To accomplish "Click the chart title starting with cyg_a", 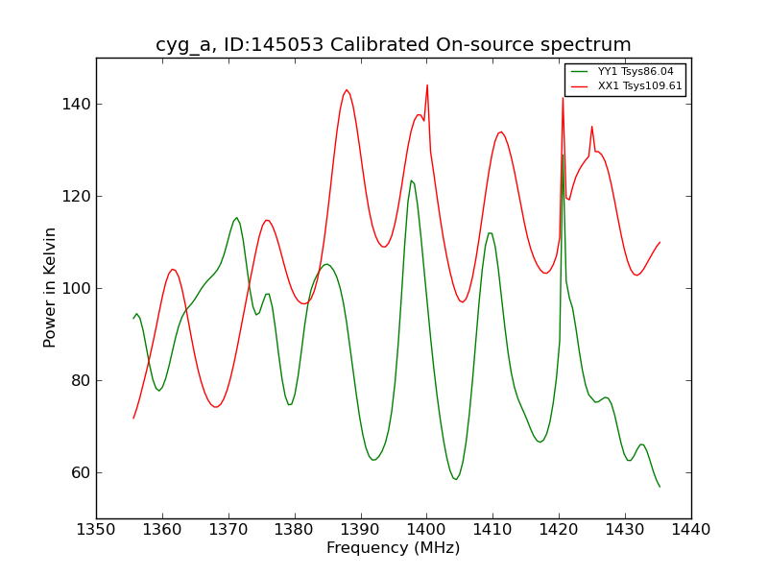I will point(394,45).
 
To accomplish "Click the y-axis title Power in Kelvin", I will point(51,287).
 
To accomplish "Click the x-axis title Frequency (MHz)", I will point(394,548).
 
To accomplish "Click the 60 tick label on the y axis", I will point(81,472).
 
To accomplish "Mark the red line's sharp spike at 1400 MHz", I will point(427,85).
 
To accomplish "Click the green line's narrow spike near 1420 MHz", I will point(563,155).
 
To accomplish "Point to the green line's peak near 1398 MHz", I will point(411,180).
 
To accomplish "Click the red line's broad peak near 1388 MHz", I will point(347,90).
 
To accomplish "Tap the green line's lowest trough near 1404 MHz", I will point(456,479).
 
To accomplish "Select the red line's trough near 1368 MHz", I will point(216,407).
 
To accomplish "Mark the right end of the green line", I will point(660,487).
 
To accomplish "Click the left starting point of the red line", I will point(133,418).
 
